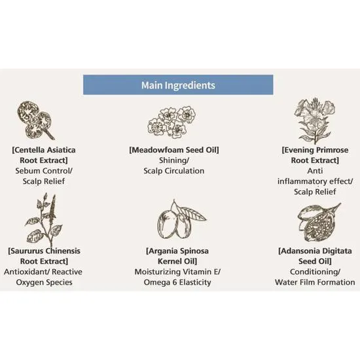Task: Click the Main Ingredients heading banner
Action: pyautogui.click(x=178, y=84)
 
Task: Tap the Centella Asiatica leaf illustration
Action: pyautogui.click(x=36, y=120)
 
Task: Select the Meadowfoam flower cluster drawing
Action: pyautogui.click(x=172, y=122)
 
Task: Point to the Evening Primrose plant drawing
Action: pyautogui.click(x=315, y=121)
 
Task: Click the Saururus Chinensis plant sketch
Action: pyautogui.click(x=44, y=220)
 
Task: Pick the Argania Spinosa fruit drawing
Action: pyautogui.click(x=181, y=220)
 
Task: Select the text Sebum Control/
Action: pyautogui.click(x=44, y=171)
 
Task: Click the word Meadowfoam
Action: pyautogui.click(x=156, y=150)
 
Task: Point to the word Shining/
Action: pyautogui.click(x=174, y=160)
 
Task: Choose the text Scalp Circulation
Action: pyautogui.click(x=174, y=171)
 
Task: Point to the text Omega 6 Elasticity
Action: pyautogui.click(x=177, y=282)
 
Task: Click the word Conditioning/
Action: pyautogui.click(x=315, y=272)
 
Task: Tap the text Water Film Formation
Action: pyautogui.click(x=315, y=282)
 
